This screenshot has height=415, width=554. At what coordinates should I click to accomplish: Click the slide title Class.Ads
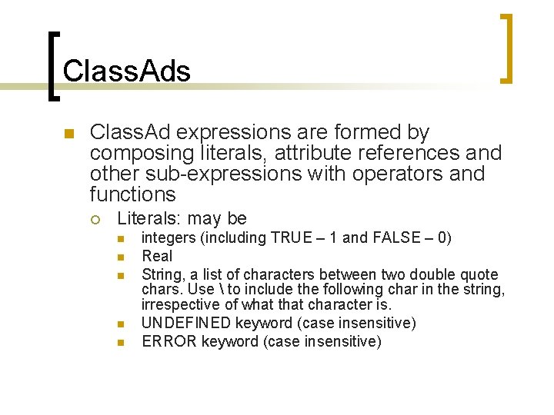[126, 71]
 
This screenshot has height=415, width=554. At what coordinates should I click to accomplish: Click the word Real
[158, 256]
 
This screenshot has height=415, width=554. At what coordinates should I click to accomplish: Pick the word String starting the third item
[162, 274]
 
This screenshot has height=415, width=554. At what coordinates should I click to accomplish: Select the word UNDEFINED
[186, 323]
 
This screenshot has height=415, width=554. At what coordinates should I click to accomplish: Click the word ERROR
[169, 341]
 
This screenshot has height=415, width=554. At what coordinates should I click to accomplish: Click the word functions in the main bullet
[132, 194]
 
